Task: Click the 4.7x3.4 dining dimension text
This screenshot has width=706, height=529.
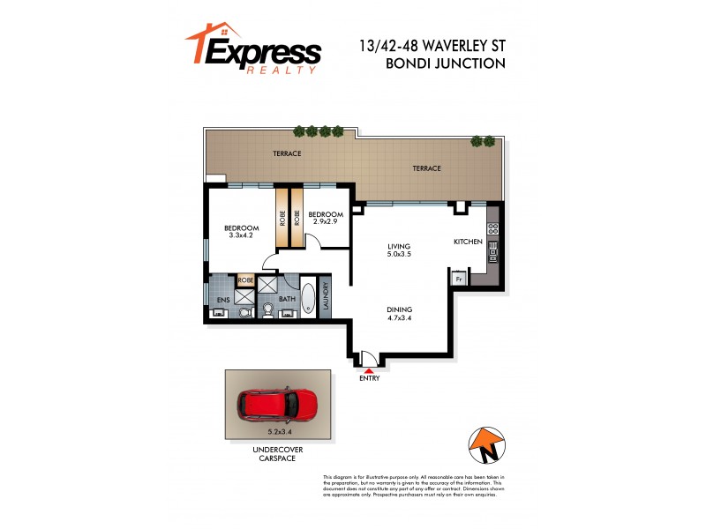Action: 399,319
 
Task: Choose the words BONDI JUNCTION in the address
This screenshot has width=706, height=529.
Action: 445,63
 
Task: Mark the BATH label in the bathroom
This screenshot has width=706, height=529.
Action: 287,300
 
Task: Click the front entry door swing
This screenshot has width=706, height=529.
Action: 370,359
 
